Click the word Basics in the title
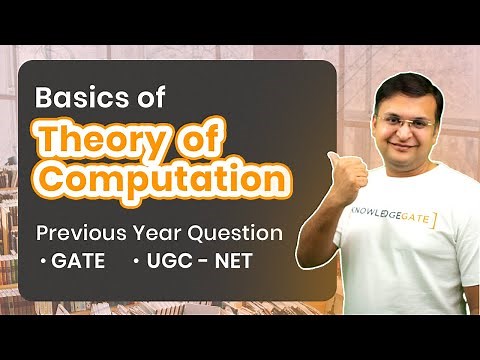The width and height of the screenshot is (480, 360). point(84,99)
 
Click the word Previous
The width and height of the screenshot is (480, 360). point(81,234)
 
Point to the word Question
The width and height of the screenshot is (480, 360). point(237,234)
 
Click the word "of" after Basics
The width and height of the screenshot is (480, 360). point(149,99)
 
